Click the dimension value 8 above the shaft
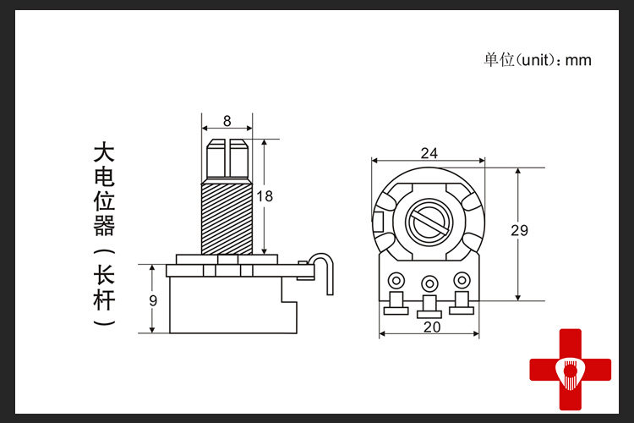(x=227, y=121)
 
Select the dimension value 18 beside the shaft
(x=265, y=197)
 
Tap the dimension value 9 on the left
(x=153, y=301)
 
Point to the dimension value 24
(x=429, y=153)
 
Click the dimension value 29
(x=520, y=231)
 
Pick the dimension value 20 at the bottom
(x=432, y=327)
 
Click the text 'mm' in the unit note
(x=578, y=61)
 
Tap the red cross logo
(x=570, y=369)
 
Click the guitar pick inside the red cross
(x=570, y=372)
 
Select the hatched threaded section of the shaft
(x=227, y=219)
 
